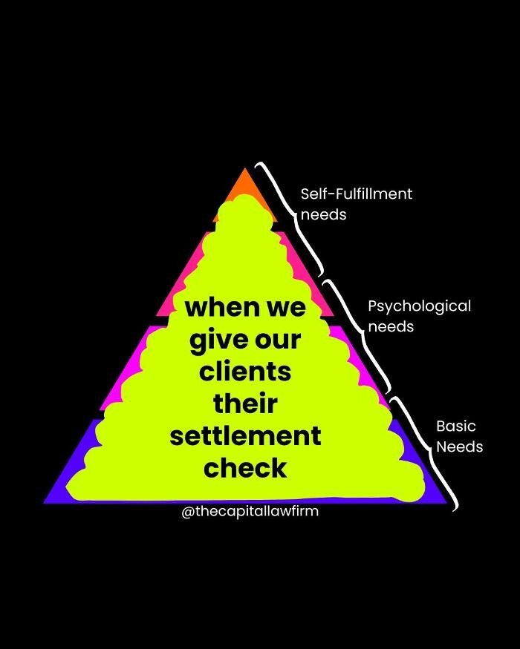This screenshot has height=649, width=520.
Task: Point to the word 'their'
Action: (245, 403)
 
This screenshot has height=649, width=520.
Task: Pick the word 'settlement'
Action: (245, 435)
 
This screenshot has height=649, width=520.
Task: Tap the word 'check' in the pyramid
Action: (245, 467)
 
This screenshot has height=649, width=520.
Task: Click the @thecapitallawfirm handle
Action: (250, 511)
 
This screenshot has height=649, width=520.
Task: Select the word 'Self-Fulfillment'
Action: (356, 194)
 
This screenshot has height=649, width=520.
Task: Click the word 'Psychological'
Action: (419, 306)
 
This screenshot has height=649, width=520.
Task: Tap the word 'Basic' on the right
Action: (455, 426)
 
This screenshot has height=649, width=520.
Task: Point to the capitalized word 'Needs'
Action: (459, 447)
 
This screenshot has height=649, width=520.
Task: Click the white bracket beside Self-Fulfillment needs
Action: (291, 215)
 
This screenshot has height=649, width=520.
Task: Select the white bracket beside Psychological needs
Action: (357, 334)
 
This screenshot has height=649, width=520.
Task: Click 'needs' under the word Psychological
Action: (391, 326)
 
